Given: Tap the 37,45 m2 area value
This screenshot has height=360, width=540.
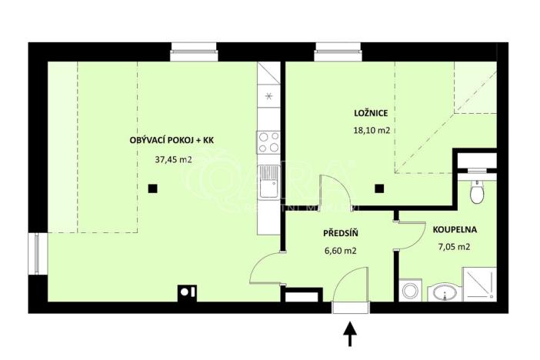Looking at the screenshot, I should [172, 160].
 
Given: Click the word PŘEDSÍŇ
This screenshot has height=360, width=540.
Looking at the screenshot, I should [339, 232].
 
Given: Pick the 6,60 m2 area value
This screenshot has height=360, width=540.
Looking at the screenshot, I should [338, 250].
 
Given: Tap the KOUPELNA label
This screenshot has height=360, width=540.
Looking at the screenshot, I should [455, 229].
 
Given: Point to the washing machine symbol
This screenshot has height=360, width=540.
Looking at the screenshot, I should [409, 292].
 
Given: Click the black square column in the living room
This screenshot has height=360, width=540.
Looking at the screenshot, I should [153, 188].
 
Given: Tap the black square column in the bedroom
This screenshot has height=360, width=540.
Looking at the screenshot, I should [378, 188].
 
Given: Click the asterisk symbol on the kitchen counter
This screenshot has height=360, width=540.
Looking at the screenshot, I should [268, 97].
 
